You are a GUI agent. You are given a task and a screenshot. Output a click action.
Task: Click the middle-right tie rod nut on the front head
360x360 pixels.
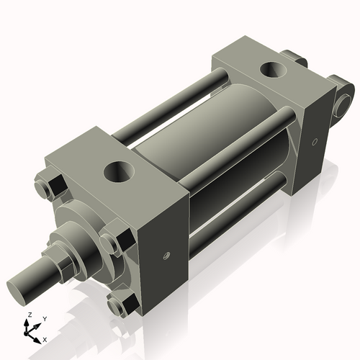point(115,243)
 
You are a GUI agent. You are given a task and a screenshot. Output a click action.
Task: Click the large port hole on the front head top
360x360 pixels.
point(117,172)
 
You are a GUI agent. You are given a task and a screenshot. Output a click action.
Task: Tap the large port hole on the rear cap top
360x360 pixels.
point(274,71)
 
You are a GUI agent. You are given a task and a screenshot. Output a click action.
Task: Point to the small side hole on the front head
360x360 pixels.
point(164,255)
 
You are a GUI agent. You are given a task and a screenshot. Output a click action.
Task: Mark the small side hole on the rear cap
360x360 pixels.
point(315,142)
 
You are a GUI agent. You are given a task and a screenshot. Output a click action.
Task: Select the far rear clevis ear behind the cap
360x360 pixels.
point(291,58)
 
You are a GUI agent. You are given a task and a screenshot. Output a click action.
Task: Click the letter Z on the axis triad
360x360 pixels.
point(28,315)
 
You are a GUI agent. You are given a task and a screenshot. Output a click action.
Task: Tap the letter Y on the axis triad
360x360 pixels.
point(44,318)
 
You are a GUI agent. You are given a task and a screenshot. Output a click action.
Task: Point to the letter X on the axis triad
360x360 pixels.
point(45,338)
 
